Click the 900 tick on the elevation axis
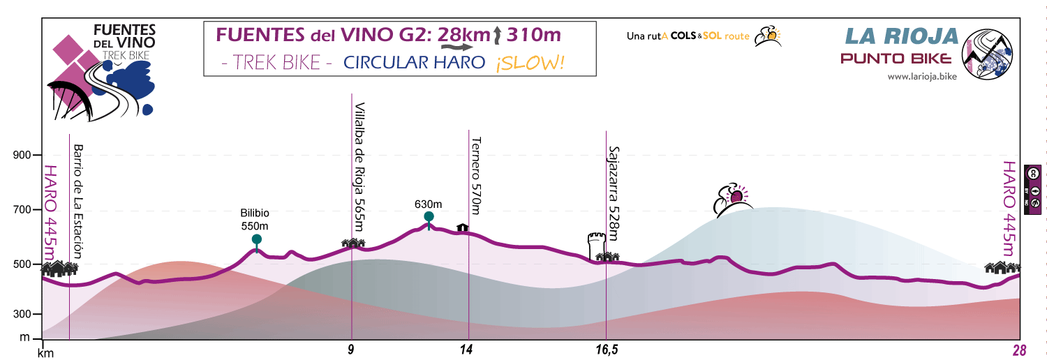coord(23,155)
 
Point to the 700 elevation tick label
coord(23,209)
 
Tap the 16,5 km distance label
coord(607,350)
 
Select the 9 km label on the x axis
coord(351,350)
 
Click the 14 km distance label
coord(467,350)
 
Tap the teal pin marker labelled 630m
coord(429,217)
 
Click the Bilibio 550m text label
coord(255,219)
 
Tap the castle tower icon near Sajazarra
coord(595,246)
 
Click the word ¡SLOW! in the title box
coord(530,63)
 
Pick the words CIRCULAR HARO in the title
coord(414,63)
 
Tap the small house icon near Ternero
coord(462,227)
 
